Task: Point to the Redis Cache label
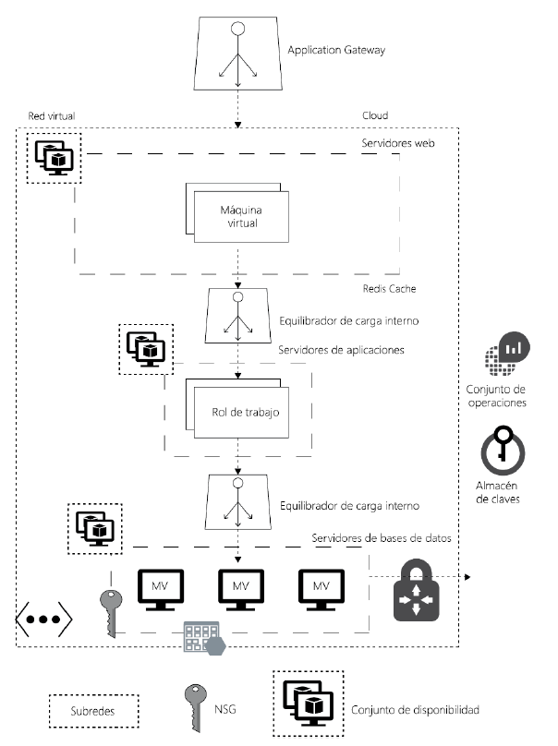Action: (392, 289)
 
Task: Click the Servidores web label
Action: (397, 144)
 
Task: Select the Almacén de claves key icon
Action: (503, 447)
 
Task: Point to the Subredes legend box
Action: (92, 713)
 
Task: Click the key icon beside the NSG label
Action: (194, 708)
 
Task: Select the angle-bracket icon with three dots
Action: (43, 617)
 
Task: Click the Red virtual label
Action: (52, 116)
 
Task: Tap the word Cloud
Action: (375, 116)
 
